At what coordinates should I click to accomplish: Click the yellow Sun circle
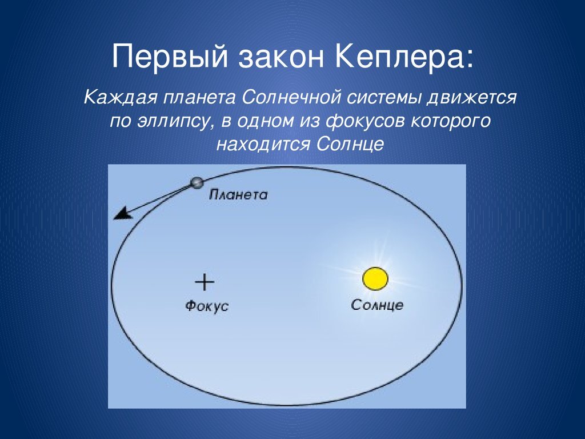click(375, 279)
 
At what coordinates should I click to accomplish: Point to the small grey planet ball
click(197, 183)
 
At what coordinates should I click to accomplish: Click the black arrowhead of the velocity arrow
click(120, 215)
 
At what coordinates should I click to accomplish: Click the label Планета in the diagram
click(238, 194)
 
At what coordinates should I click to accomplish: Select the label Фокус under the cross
click(207, 306)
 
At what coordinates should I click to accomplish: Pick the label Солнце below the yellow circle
click(377, 305)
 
